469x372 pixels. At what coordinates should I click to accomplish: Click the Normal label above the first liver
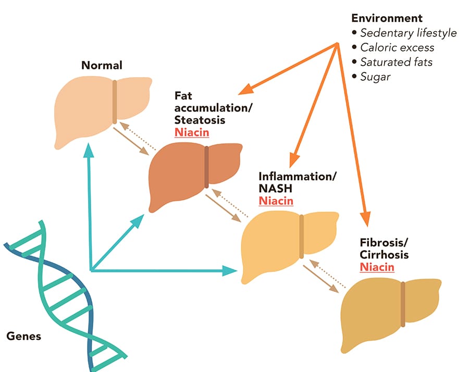tap(102, 66)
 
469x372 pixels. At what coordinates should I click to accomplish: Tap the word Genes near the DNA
tap(24, 336)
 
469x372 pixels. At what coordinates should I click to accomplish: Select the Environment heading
tap(386, 18)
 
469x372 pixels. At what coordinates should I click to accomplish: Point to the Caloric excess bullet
tap(397, 47)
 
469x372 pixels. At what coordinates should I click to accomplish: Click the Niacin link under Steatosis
tap(192, 132)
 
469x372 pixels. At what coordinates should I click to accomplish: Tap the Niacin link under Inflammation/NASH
tap(276, 201)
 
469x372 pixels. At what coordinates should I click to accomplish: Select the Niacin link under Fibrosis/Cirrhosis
tap(377, 267)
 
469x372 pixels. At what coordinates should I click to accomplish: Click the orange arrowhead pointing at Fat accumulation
tap(245, 91)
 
